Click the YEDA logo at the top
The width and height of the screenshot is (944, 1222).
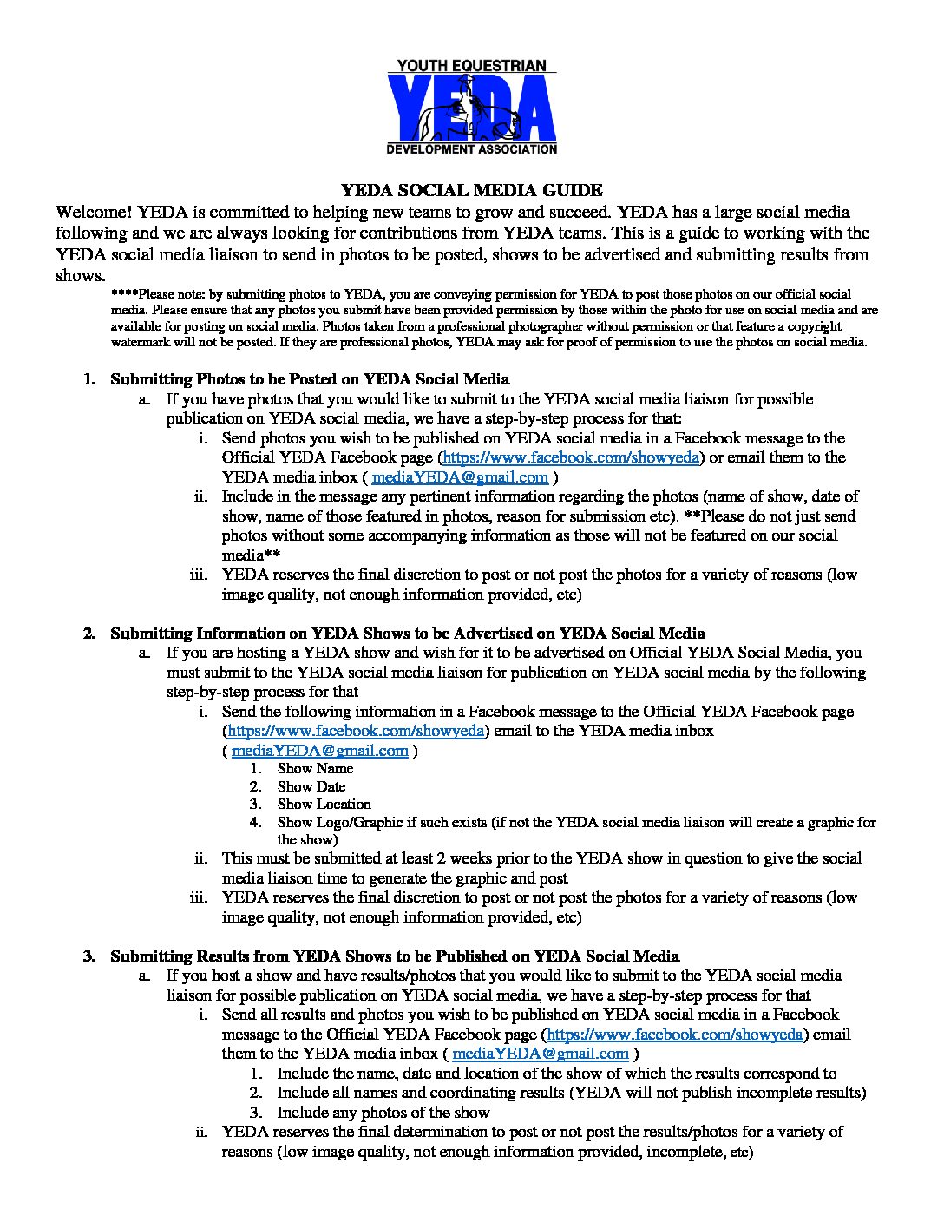(471, 107)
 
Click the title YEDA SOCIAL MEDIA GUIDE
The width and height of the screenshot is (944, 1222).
(471, 190)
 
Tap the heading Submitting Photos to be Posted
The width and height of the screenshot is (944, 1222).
(310, 379)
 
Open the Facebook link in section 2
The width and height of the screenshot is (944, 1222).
(356, 731)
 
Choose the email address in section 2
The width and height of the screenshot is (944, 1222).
(320, 751)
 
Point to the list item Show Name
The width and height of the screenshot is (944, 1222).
(315, 768)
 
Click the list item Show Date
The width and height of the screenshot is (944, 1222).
(311, 786)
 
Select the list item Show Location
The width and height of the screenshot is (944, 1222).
(324, 804)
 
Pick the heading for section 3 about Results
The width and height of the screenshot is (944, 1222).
(395, 956)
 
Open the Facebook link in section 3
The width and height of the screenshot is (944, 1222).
(675, 1035)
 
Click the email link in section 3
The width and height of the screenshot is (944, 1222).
(541, 1054)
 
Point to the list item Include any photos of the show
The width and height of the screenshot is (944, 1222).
(383, 1113)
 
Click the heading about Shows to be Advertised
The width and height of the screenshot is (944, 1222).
(407, 634)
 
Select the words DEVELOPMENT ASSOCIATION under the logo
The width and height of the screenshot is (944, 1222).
(471, 149)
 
